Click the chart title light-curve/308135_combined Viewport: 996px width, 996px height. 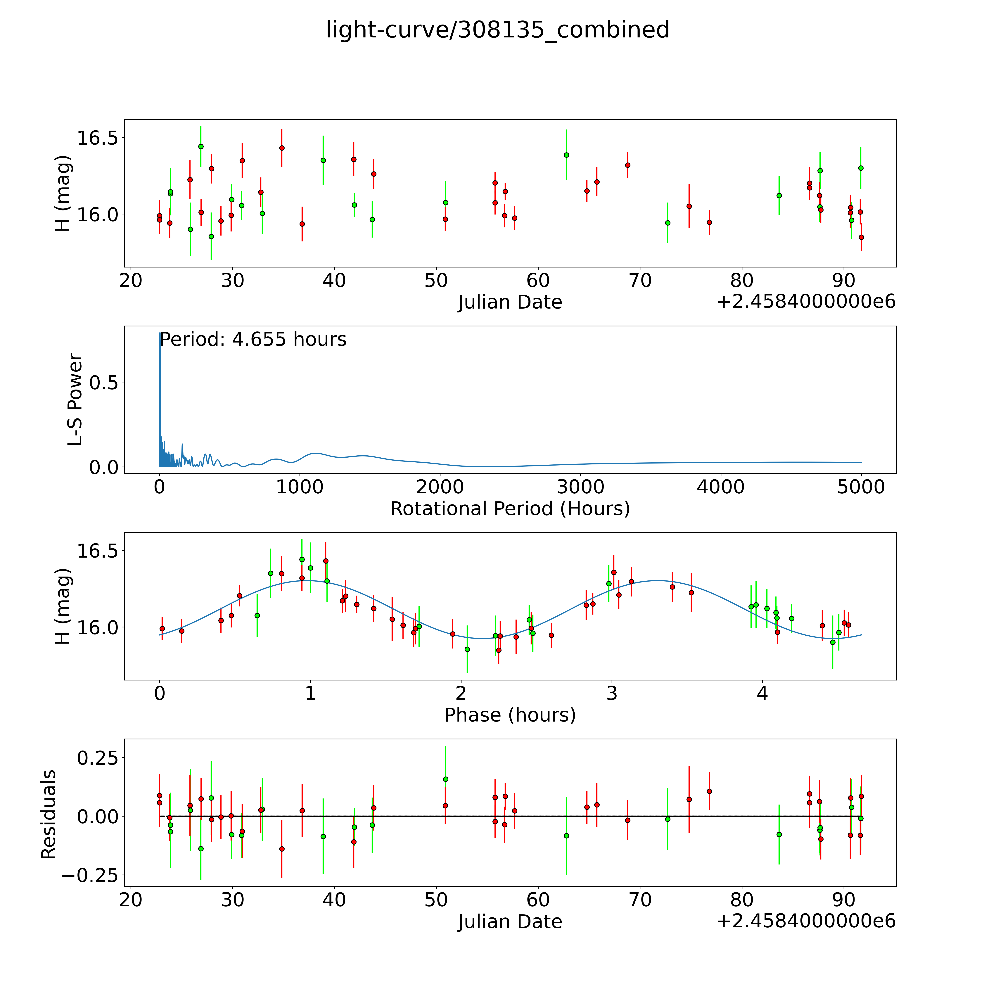pyautogui.click(x=497, y=30)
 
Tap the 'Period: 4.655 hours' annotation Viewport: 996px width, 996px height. pyautogui.click(x=253, y=340)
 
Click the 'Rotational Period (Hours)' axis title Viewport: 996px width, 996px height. pyautogui.click(x=510, y=509)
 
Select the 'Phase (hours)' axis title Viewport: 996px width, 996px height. pyautogui.click(x=510, y=715)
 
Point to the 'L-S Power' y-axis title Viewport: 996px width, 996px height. pyautogui.click(x=75, y=400)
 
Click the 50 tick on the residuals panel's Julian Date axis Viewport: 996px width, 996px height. pyautogui.click(x=436, y=900)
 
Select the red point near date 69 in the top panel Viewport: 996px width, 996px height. pyautogui.click(x=627, y=165)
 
